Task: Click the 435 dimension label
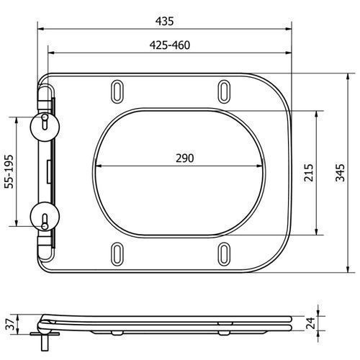(164, 21)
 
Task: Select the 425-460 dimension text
(170, 45)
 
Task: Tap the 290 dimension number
(185, 158)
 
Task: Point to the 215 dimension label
(309, 173)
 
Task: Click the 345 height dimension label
(340, 173)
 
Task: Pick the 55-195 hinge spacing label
(9, 171)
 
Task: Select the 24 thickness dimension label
(310, 323)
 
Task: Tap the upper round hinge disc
(45, 127)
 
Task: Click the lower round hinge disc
(45, 216)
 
